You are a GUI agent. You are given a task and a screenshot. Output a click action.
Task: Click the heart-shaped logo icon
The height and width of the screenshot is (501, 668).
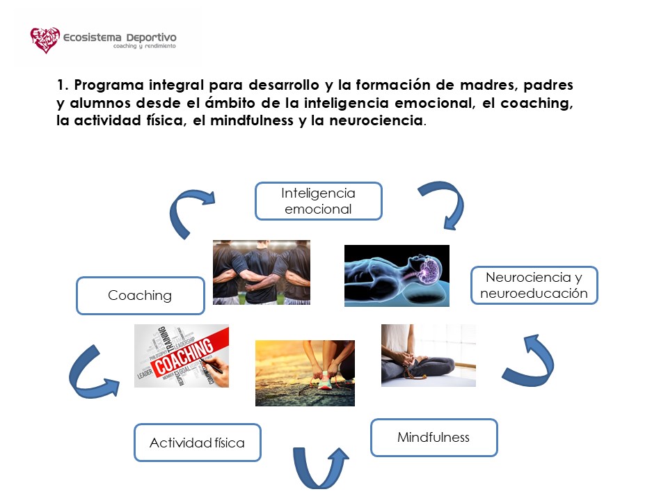click(x=45, y=40)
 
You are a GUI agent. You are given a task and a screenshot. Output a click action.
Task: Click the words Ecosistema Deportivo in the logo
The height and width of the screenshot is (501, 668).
click(x=119, y=37)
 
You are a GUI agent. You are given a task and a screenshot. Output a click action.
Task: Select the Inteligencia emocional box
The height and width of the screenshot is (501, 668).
click(x=318, y=201)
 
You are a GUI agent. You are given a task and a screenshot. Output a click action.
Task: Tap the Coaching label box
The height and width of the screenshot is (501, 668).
click(x=140, y=296)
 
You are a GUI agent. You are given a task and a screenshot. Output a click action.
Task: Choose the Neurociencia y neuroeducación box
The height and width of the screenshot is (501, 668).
click(x=534, y=285)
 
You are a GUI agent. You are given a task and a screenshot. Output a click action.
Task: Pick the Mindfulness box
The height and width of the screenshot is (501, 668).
click(x=434, y=438)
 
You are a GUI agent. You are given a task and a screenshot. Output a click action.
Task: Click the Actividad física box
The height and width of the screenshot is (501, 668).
click(x=197, y=443)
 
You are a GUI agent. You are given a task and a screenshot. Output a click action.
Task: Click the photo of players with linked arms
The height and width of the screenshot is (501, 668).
click(x=261, y=272)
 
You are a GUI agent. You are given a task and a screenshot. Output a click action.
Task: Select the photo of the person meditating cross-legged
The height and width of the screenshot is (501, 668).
click(x=428, y=355)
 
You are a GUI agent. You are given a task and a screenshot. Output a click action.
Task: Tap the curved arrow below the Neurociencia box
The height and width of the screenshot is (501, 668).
click(x=532, y=360)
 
